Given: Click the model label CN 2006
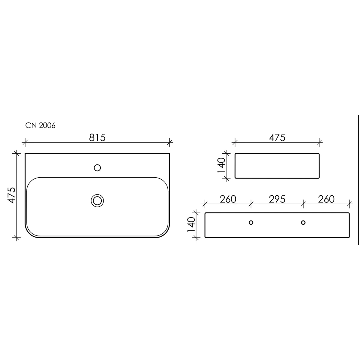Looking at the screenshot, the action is coord(40,125).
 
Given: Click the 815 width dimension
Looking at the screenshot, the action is coord(97,138).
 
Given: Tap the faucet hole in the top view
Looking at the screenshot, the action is coord(97,168).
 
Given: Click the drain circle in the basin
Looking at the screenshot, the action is coord(97,201).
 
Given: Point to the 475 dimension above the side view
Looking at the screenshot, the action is coord(277,138).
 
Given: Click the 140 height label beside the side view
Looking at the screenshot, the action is coord(222,165).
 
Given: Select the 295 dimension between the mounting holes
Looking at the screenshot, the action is coord(277,199).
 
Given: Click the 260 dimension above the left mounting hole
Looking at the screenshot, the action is coord(228,199).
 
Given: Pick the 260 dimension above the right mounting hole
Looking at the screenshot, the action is coord(326,199).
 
